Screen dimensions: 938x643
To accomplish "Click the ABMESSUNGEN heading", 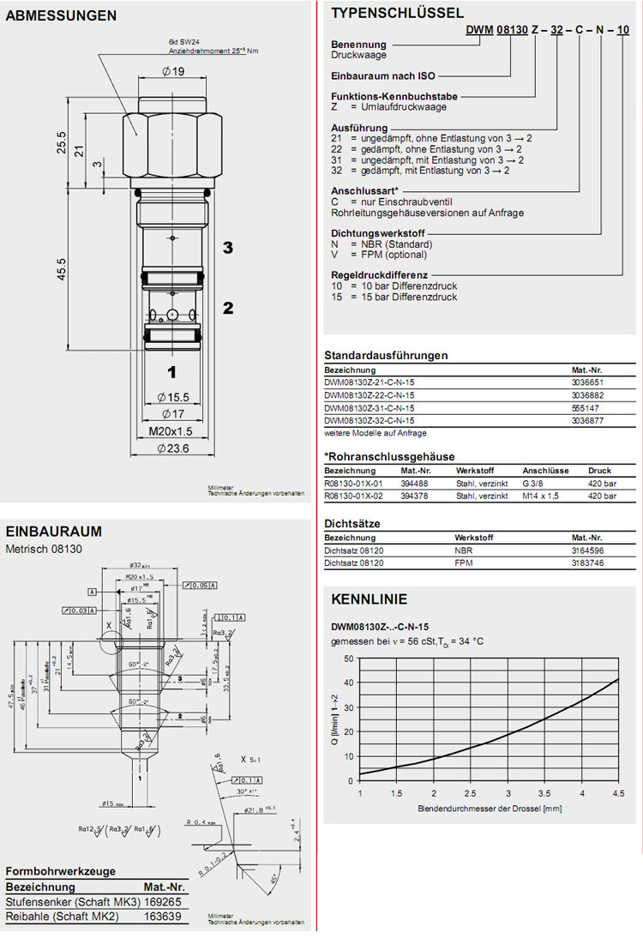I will click(x=62, y=15).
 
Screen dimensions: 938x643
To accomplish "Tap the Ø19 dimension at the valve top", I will click(x=172, y=72).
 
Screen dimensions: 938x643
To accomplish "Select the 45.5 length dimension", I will click(x=61, y=268).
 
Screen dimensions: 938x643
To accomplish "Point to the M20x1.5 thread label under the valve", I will click(x=171, y=431).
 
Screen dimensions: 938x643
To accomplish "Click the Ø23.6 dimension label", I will click(x=172, y=448).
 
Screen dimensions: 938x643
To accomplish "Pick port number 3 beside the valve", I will click(x=228, y=248).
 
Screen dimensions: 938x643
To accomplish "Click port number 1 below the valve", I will click(x=171, y=372).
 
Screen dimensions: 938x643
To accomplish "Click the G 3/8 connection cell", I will click(x=535, y=483).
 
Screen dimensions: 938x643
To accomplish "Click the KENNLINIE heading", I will click(x=370, y=599).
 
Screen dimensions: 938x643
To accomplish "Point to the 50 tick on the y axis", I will click(x=349, y=658).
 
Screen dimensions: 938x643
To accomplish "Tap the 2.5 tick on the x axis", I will click(x=471, y=793).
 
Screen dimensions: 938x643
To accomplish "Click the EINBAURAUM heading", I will click(x=54, y=531).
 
